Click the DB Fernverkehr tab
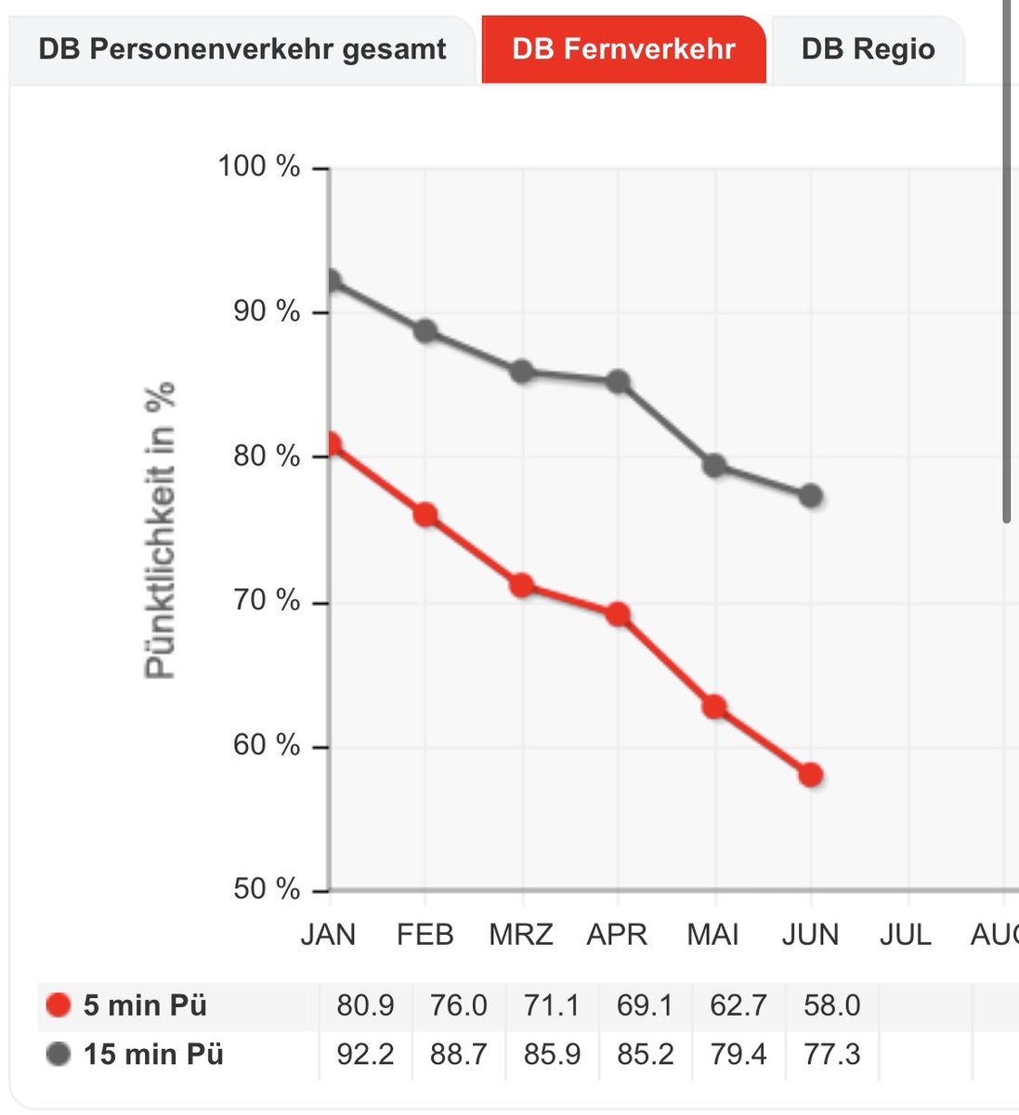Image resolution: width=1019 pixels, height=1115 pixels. point(623,49)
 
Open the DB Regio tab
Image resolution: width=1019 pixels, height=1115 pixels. point(868,49)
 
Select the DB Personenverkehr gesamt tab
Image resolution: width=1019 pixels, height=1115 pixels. point(242,49)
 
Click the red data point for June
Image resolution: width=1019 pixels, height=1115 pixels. point(811,774)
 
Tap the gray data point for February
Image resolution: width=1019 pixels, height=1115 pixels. point(425,332)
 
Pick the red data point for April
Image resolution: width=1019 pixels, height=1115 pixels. point(619,614)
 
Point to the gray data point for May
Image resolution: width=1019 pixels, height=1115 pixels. point(714,466)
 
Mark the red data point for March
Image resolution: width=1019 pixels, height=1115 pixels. point(522,585)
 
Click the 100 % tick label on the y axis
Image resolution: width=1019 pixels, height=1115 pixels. point(259,165)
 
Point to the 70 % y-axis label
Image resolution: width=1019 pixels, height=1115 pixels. point(267,600)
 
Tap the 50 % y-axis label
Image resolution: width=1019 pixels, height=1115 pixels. point(267,889)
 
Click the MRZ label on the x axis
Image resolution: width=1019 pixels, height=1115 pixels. point(521,935)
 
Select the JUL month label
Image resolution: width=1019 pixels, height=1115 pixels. point(906,935)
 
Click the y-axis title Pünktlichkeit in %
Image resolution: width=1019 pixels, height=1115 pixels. point(160,530)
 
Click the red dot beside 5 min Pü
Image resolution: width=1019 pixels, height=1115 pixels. point(59,1005)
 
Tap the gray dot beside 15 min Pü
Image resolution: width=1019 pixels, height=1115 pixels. point(59,1054)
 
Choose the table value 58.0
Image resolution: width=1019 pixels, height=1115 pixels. point(831,1005)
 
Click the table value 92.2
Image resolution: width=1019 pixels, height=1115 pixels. point(365,1055)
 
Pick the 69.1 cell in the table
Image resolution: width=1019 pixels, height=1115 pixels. point(645,1005)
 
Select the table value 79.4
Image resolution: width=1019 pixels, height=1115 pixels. point(738,1055)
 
